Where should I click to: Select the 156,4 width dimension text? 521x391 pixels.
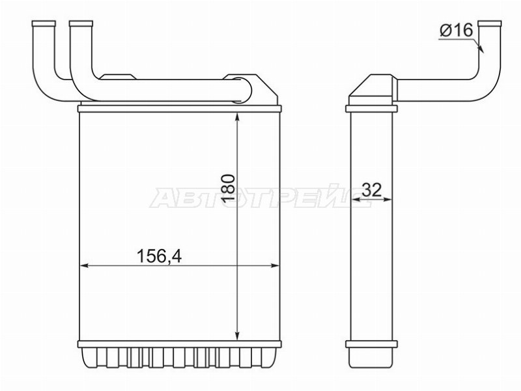pyautogui.click(x=158, y=256)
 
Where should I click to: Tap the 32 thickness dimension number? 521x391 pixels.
pyautogui.click(x=371, y=190)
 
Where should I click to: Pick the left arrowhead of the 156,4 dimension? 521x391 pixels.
pyautogui.click(x=83, y=265)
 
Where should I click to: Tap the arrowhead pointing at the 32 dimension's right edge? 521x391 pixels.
pyautogui.click(x=393, y=199)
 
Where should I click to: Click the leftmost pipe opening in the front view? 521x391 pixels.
pyautogui.click(x=42, y=24)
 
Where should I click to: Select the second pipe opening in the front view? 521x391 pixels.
pyautogui.click(x=80, y=24)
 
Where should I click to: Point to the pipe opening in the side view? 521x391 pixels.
pyautogui.click(x=490, y=24)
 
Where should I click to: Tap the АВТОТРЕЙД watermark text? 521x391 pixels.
pyautogui.click(x=260, y=197)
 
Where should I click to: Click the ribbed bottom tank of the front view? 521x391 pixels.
pyautogui.click(x=178, y=358)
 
